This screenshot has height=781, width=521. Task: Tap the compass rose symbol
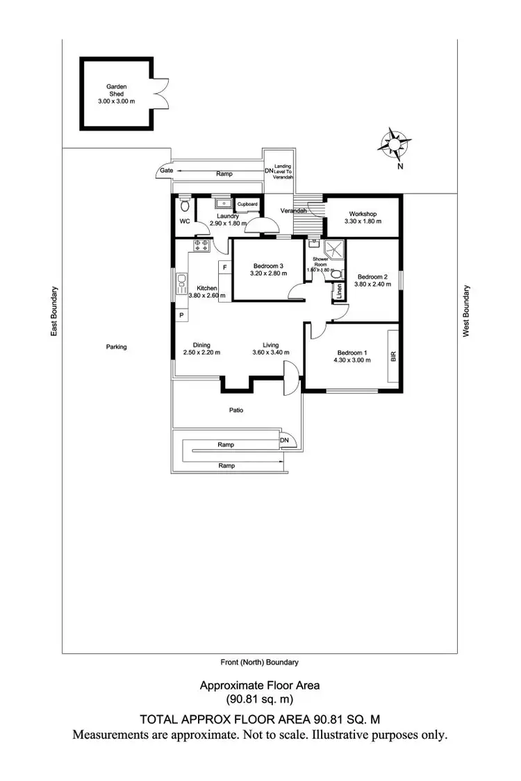394,144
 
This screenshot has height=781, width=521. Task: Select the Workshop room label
363,213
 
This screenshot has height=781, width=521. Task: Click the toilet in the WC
185,205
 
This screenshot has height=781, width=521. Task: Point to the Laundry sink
224,204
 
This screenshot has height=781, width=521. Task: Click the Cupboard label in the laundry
248,204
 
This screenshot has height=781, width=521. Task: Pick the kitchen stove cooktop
203,244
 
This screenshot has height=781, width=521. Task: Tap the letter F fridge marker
225,267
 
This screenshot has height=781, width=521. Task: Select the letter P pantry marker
181,315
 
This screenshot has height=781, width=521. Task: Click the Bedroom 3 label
267,266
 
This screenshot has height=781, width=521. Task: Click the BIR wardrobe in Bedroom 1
393,357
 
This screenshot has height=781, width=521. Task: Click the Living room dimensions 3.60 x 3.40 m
271,353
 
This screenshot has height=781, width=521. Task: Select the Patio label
236,410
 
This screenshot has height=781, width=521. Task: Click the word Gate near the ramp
166,170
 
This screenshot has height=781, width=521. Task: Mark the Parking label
116,346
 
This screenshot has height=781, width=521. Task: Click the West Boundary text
467,312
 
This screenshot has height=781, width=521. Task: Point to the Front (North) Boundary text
260,662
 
